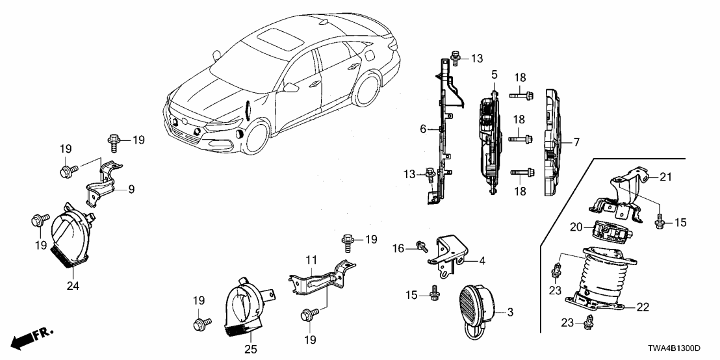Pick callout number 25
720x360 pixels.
tap(251, 349)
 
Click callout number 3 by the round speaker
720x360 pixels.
tap(509, 312)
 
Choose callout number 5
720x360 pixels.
tap(494, 75)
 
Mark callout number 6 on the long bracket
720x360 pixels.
tap(422, 129)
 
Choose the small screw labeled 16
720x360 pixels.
tap(423, 247)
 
